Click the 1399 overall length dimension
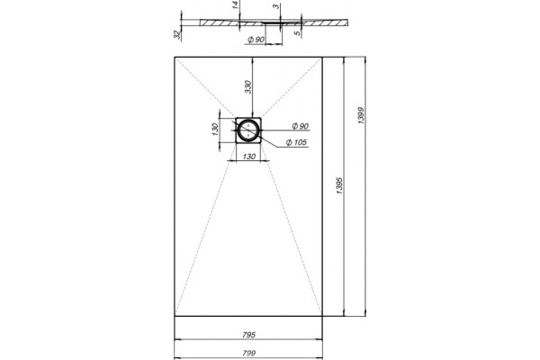(361, 115)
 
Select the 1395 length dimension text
(339, 185)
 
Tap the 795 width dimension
(248, 335)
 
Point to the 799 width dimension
(248, 353)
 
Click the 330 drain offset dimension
(248, 86)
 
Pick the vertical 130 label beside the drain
(215, 130)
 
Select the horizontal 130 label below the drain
(249, 157)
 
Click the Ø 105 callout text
(296, 142)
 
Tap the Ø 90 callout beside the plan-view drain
(301, 126)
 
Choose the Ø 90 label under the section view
(256, 40)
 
